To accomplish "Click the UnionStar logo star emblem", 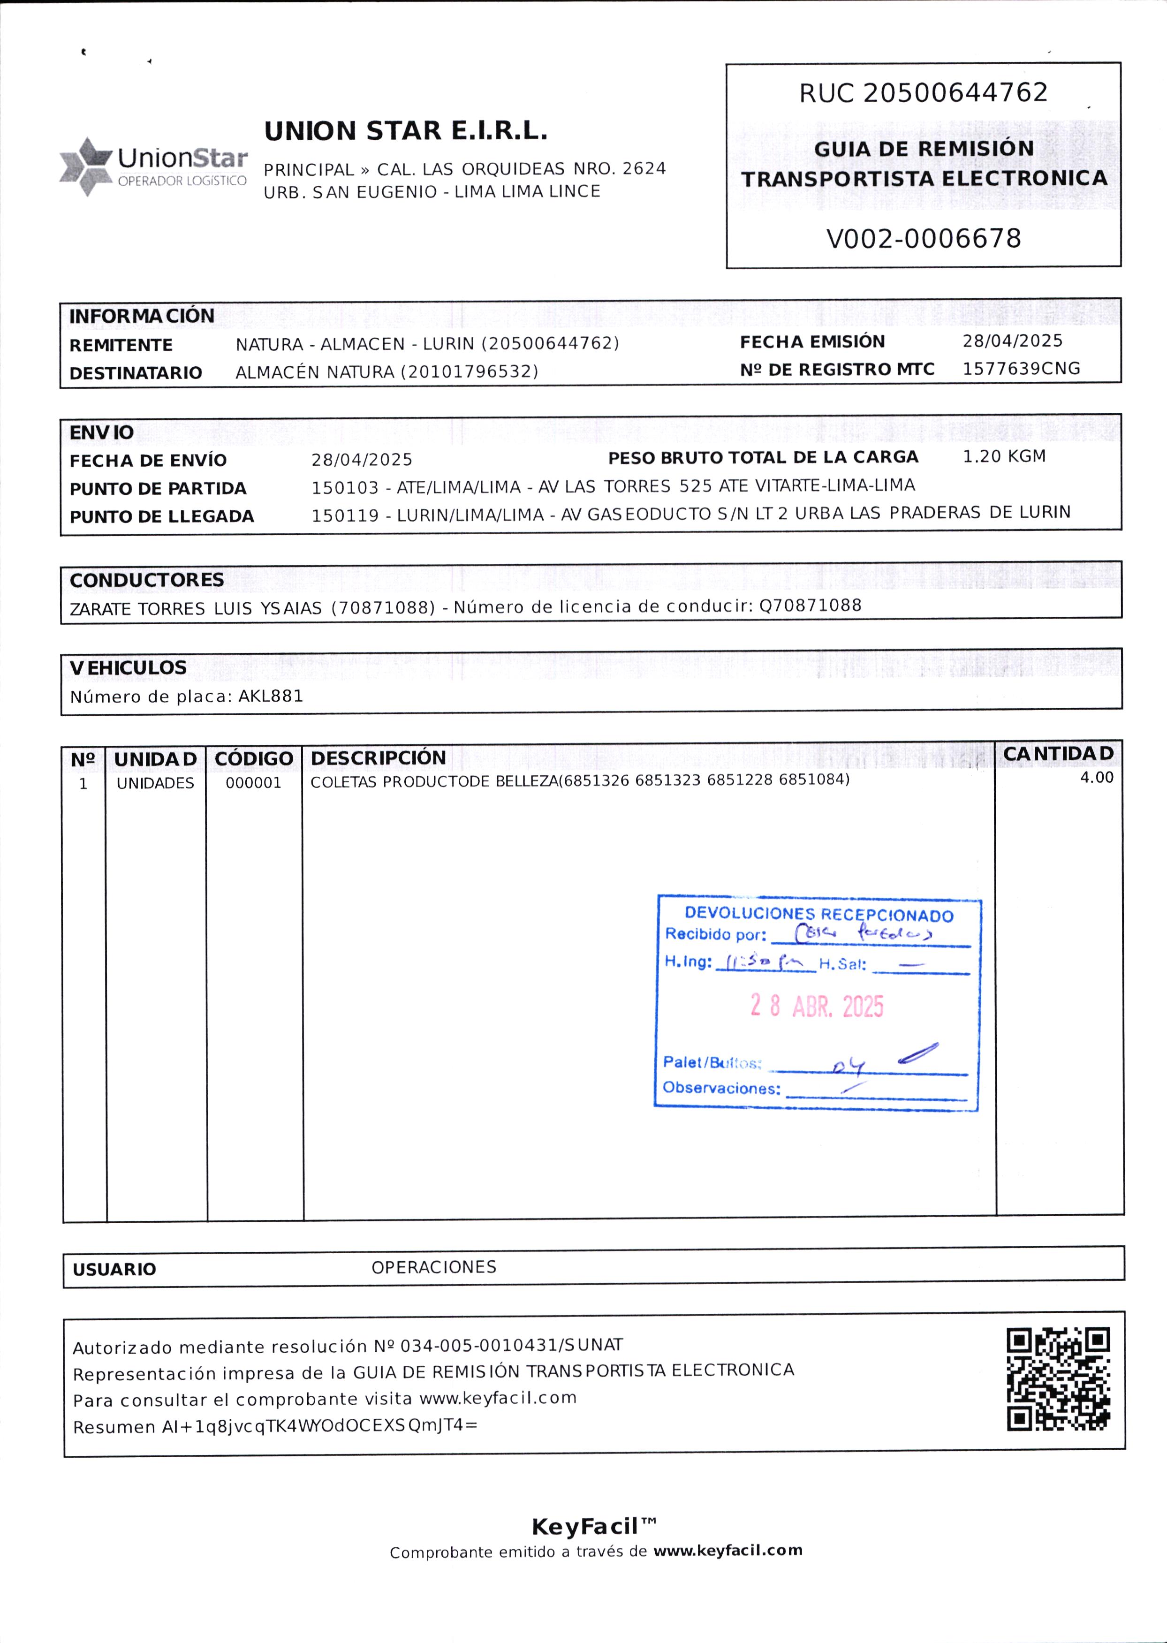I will coord(85,167).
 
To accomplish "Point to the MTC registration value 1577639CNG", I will coord(1021,369).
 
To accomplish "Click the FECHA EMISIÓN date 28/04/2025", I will coord(1012,341).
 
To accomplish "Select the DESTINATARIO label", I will coord(136,373).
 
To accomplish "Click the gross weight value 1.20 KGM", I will coord(1004,457).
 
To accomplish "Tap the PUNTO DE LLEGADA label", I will coord(162,516).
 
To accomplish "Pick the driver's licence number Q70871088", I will coord(810,606).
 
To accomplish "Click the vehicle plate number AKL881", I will coord(271,696).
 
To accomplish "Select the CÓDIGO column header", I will coord(254,758).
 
